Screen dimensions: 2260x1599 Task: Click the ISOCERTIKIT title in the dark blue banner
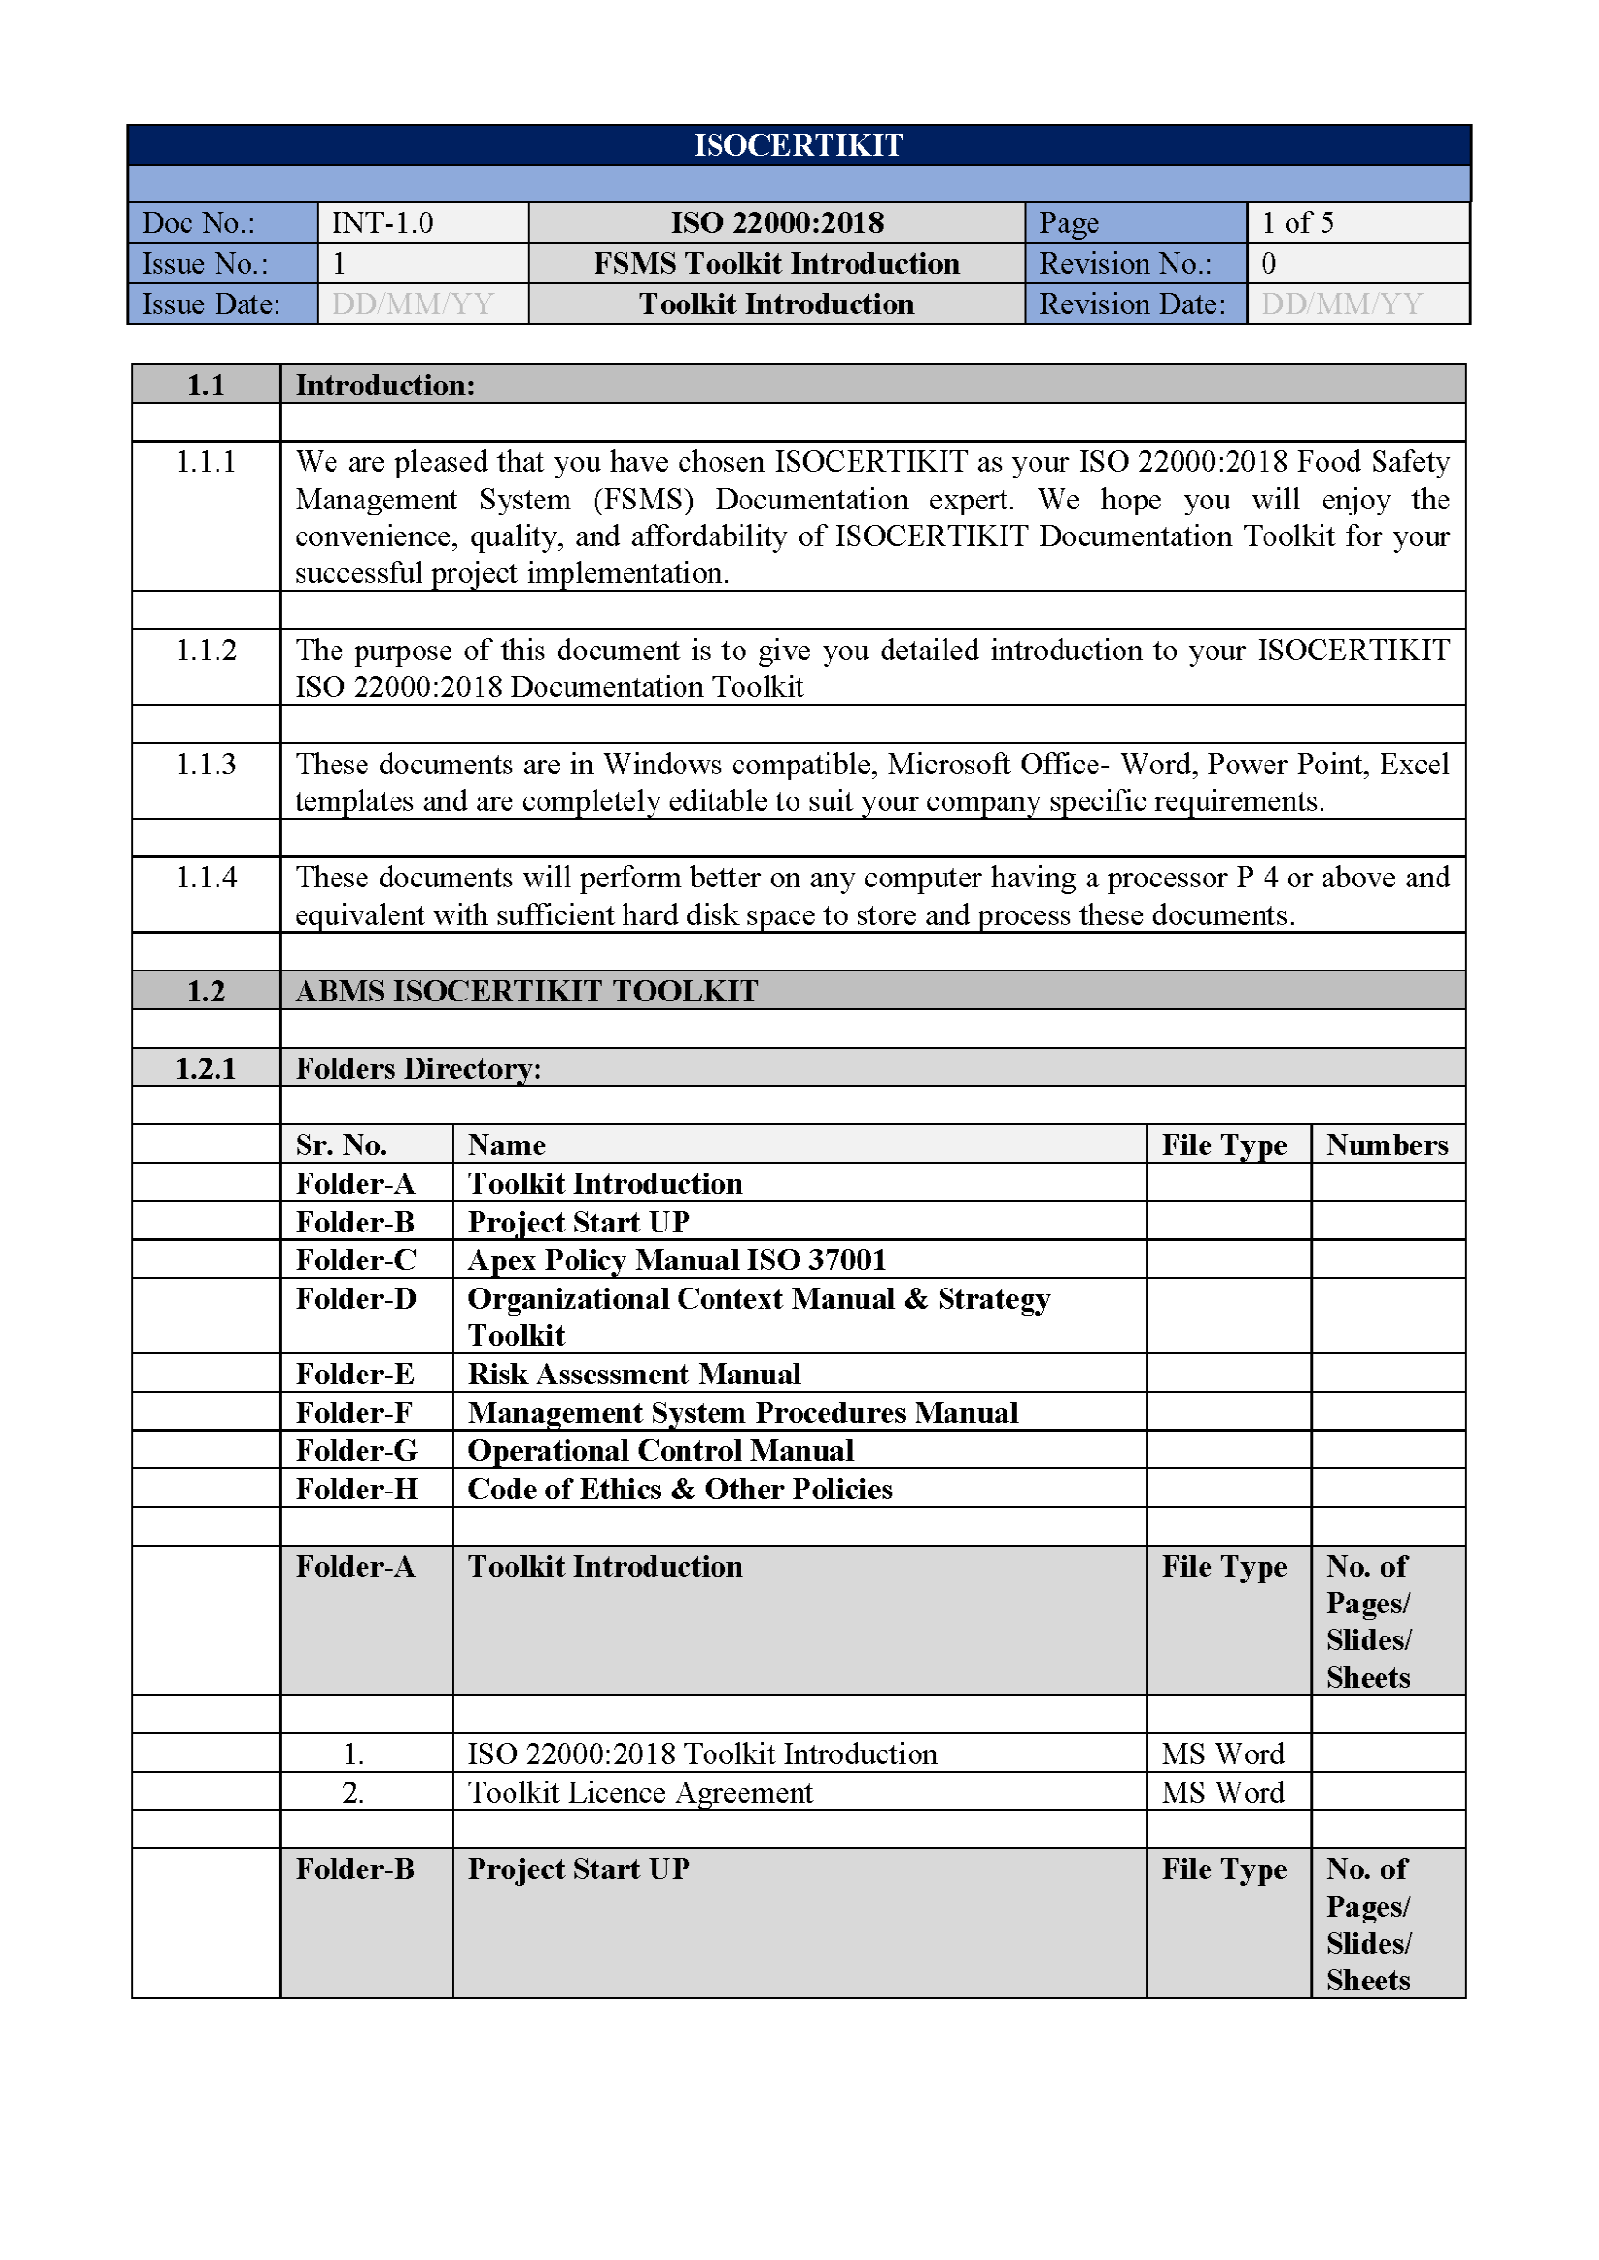(x=798, y=146)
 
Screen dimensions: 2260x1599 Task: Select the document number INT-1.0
(x=382, y=223)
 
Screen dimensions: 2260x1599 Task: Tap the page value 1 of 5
(x=1296, y=223)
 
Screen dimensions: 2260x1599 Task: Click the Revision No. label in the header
(x=1125, y=264)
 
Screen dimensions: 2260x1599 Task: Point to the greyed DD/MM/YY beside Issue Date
(x=413, y=304)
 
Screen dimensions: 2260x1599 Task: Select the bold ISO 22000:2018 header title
(x=777, y=223)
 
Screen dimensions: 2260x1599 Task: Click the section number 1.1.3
(x=206, y=765)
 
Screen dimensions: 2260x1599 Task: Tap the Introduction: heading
(x=385, y=386)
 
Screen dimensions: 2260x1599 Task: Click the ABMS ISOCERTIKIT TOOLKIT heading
(x=527, y=991)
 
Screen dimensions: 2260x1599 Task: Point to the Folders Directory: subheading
(x=419, y=1069)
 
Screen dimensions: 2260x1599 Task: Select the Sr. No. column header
(x=340, y=1145)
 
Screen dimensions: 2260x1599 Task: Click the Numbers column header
(x=1386, y=1145)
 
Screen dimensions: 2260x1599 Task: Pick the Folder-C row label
(x=356, y=1260)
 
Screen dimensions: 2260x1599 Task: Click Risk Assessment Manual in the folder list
(x=634, y=1375)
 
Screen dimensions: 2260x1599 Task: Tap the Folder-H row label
(x=357, y=1490)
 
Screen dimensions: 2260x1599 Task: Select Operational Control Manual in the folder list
(x=659, y=1451)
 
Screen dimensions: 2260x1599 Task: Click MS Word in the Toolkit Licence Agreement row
(x=1222, y=1792)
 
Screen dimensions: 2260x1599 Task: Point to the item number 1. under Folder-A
(x=354, y=1754)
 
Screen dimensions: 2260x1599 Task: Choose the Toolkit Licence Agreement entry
(x=640, y=1792)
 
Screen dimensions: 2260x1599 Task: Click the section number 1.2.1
(x=206, y=1069)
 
